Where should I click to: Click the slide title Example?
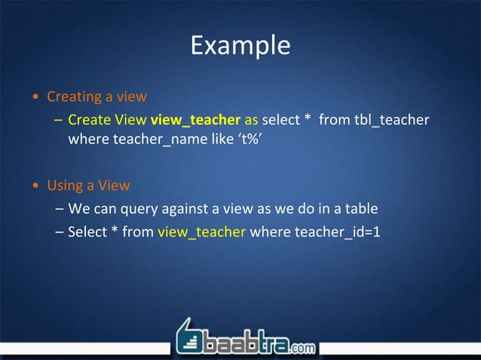tap(240, 45)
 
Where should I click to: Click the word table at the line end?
tap(361, 209)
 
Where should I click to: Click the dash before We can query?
tap(59, 209)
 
